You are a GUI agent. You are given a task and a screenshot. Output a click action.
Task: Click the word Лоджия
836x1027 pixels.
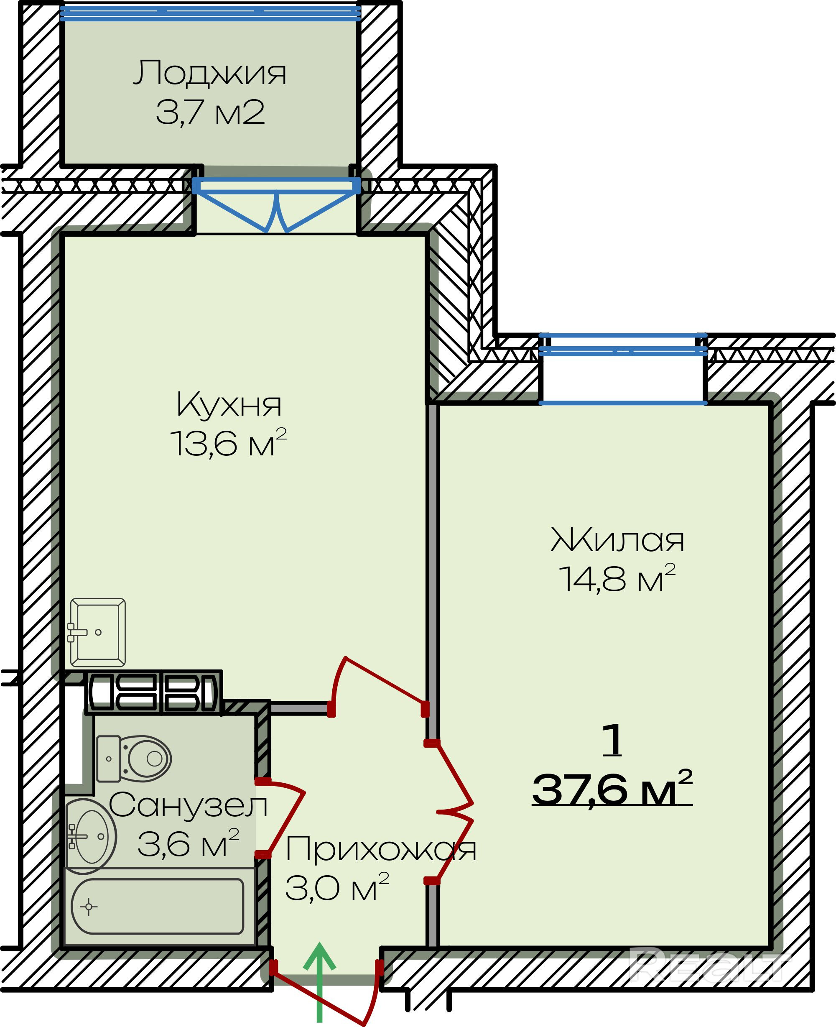click(209, 73)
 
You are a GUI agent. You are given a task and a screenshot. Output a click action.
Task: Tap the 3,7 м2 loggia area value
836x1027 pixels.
click(210, 112)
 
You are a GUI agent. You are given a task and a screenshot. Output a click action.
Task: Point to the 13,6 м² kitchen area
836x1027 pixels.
click(228, 443)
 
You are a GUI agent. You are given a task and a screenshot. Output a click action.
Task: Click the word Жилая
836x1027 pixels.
click(617, 539)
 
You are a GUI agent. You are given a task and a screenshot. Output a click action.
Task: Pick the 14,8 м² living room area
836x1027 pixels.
click(617, 578)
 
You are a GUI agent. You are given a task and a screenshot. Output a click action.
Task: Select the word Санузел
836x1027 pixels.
click(188, 805)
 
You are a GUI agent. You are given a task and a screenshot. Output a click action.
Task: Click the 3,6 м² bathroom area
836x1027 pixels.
click(188, 843)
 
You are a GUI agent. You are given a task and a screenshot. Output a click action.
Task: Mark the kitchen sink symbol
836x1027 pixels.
click(97, 632)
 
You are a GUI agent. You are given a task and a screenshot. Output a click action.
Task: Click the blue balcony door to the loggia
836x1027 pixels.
click(276, 205)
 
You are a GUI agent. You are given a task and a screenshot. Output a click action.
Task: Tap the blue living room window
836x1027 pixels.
click(623, 368)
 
